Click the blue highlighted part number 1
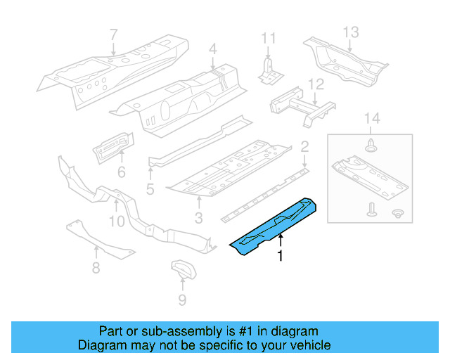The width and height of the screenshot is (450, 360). click(276, 224)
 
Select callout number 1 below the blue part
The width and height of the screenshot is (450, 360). click(281, 257)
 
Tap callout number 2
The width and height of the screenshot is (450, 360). click(304, 147)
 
